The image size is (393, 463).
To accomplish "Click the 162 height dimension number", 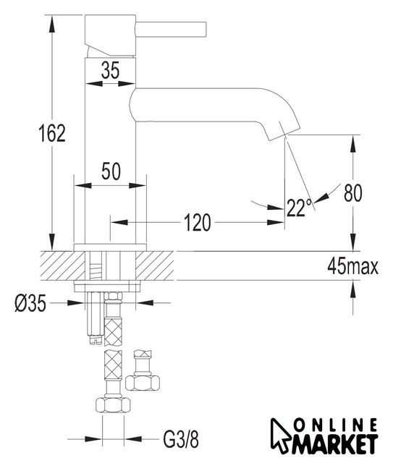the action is point(52,133).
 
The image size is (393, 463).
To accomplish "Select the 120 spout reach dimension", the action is point(198,222).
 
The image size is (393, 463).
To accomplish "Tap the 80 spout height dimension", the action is point(352,192).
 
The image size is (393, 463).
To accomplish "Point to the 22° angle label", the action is point(299,208).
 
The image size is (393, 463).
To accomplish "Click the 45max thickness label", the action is point(352,267).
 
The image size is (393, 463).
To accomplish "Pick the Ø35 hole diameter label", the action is point(30,303).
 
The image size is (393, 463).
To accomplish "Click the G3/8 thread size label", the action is point(181,439).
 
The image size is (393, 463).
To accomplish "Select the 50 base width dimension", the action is point(111,171).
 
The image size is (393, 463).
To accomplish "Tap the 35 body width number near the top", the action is point(110,70).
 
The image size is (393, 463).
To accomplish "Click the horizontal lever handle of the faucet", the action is point(171,30).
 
